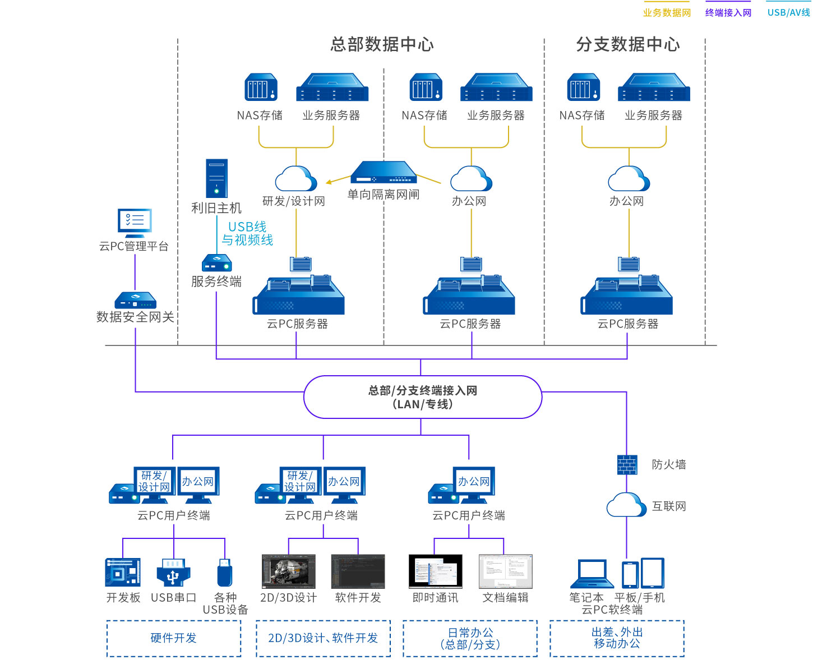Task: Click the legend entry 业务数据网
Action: (667, 12)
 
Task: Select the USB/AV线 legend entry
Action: (788, 12)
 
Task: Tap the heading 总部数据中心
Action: (382, 44)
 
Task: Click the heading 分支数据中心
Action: (628, 44)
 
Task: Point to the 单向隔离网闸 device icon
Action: (384, 173)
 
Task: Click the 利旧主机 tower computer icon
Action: (216, 178)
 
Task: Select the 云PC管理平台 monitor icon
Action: (135, 222)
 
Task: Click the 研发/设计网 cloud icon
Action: (295, 179)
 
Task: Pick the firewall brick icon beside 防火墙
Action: (627, 464)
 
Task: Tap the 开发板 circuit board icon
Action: (123, 572)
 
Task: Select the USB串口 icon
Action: (173, 572)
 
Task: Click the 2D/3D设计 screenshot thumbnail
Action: (288, 571)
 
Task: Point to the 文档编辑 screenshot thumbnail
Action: (505, 571)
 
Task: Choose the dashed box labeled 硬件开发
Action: (174, 638)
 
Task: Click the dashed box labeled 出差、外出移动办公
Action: (617, 638)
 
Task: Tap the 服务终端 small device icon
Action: (216, 263)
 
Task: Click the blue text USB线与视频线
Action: (247, 233)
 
